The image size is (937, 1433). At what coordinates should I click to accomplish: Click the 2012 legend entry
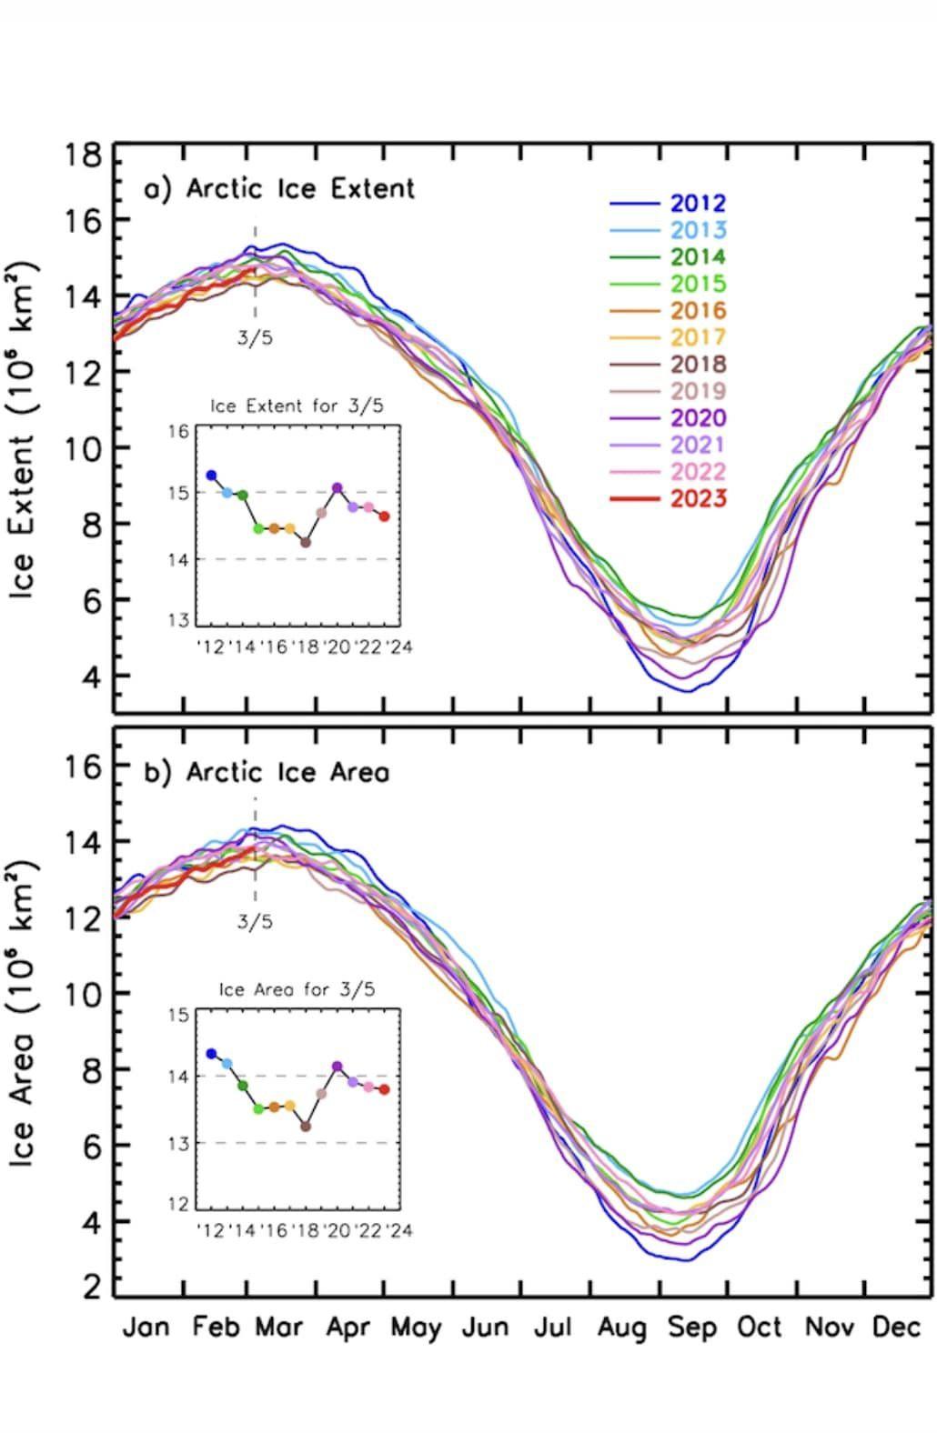698,204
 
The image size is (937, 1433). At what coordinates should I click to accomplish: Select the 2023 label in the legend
698,498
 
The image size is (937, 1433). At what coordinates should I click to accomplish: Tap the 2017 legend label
698,337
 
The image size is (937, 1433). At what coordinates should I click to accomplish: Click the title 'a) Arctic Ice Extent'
279,188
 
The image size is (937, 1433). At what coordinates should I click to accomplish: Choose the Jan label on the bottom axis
146,1328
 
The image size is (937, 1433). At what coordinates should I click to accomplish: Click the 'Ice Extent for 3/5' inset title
297,406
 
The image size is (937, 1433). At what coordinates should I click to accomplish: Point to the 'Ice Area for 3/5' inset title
297,989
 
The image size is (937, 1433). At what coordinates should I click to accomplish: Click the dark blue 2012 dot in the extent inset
211,476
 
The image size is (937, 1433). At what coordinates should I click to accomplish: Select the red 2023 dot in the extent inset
384,516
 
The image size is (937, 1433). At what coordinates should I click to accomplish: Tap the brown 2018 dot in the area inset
306,1127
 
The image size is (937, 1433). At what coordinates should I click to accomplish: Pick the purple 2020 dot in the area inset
338,1066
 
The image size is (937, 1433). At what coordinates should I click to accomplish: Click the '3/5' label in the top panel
255,338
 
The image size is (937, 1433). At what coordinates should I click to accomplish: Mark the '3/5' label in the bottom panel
255,921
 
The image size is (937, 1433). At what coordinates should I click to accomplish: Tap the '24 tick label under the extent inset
398,646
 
